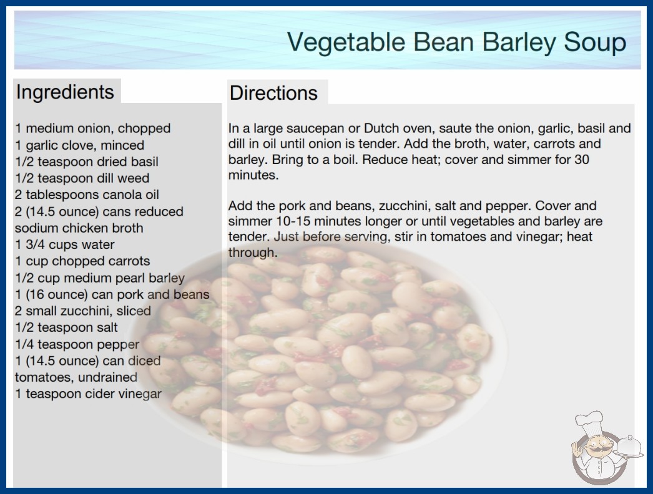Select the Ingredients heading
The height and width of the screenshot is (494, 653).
pyautogui.click(x=65, y=92)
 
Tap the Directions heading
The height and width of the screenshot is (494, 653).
pyautogui.click(x=273, y=93)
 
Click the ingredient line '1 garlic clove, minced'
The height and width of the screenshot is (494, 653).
pyautogui.click(x=79, y=145)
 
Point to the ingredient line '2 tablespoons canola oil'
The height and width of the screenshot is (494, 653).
pyautogui.click(x=87, y=195)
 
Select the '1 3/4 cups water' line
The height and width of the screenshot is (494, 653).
pyautogui.click(x=64, y=245)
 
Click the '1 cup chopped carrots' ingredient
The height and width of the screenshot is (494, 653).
pyautogui.click(x=82, y=261)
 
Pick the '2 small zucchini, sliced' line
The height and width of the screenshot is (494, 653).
pyautogui.click(x=83, y=311)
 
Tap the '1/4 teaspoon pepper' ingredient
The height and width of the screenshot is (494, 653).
pyautogui.click(x=77, y=344)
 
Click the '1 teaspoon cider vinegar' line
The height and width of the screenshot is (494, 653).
pyautogui.click(x=88, y=394)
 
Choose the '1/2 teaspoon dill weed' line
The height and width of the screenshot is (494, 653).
pyautogui.click(x=82, y=178)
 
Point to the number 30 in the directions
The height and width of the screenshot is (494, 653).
pyautogui.click(x=582, y=160)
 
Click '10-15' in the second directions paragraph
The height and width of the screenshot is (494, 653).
pyautogui.click(x=293, y=221)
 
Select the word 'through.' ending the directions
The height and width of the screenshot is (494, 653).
pyautogui.click(x=253, y=253)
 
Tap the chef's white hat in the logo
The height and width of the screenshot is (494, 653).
pyautogui.click(x=589, y=422)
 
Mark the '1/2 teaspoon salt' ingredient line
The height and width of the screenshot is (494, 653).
pyautogui.click(x=66, y=327)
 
